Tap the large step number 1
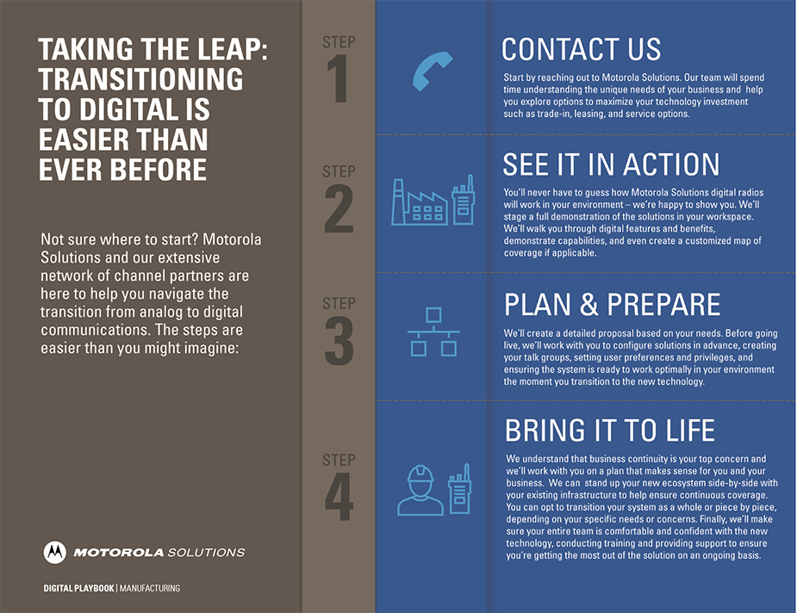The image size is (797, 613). [338, 78]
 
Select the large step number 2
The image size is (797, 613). [339, 208]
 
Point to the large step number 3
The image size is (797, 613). [339, 340]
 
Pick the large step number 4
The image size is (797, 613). [339, 497]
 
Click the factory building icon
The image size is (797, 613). [420, 202]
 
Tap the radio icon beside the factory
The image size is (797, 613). [464, 200]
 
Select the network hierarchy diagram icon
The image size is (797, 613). [433, 331]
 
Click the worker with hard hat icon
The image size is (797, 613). [420, 490]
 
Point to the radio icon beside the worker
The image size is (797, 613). [459, 488]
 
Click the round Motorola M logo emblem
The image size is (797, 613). [55, 552]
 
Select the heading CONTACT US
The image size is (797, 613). [581, 49]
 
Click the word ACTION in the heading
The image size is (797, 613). [671, 164]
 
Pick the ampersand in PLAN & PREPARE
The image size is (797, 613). [588, 305]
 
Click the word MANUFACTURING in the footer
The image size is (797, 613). [149, 588]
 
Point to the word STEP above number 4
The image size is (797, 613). [339, 460]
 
